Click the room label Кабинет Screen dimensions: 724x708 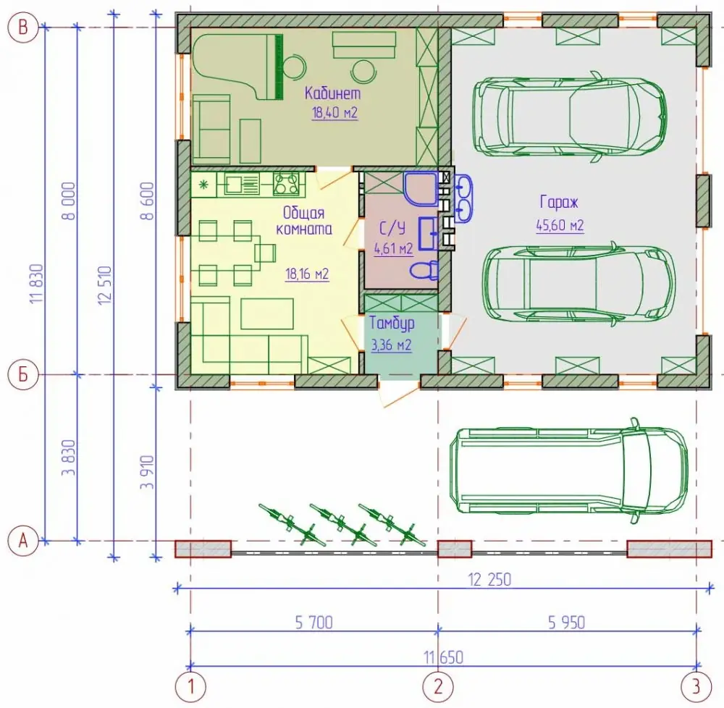[332, 93]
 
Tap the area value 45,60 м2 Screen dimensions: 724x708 [560, 226]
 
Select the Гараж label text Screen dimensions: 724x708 [559, 202]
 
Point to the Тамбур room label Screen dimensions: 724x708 [392, 323]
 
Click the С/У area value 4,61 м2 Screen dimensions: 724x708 [393, 249]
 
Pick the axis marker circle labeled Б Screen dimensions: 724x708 [22, 374]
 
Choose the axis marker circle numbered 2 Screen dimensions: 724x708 [438, 686]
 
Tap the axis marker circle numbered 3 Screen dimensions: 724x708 [696, 686]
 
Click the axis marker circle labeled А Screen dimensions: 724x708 [22, 541]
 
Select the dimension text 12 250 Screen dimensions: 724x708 [489, 580]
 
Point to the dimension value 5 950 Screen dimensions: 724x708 [567, 623]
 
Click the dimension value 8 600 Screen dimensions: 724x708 [147, 201]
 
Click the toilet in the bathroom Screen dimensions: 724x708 [424, 270]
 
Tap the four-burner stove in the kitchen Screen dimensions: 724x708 [285, 184]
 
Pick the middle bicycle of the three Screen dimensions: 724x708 [338, 524]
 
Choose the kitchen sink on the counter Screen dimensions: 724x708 [242, 184]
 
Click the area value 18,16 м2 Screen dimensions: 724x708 [307, 274]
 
